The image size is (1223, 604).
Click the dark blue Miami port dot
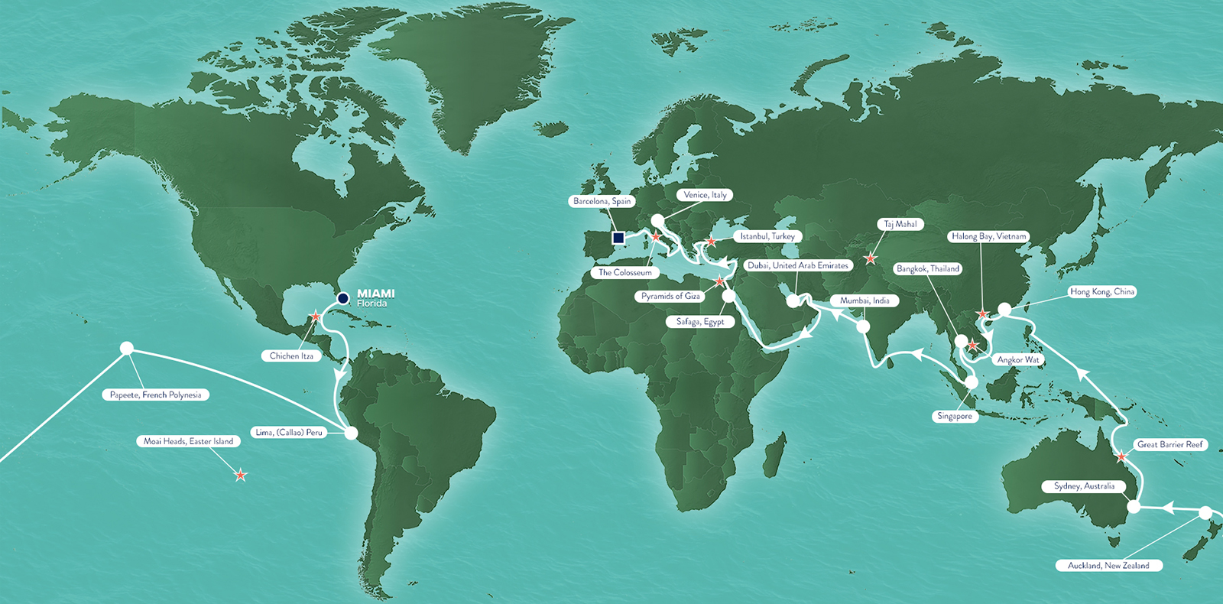point(343,298)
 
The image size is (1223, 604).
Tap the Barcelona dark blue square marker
point(618,238)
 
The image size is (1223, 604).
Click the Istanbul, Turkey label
point(767,236)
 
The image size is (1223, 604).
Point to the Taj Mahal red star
point(870,258)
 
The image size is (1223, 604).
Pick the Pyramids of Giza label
point(670,296)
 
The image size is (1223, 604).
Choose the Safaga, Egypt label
point(699,322)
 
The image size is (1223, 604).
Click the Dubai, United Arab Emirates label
point(798,265)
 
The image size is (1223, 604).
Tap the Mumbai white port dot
point(863,326)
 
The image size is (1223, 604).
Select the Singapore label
point(955,416)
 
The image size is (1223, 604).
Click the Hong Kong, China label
point(1102,291)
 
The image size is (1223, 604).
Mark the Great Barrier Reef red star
point(1121,457)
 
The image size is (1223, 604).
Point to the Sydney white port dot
point(1134,506)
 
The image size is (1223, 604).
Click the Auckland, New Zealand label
point(1108,566)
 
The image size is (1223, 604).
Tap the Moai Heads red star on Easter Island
point(241,475)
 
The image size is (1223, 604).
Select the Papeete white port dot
point(127,349)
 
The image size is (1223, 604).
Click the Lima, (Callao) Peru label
point(289,432)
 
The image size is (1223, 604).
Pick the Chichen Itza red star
point(316,316)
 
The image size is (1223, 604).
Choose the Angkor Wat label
point(1018,359)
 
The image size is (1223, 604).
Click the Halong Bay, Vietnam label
point(989,236)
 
